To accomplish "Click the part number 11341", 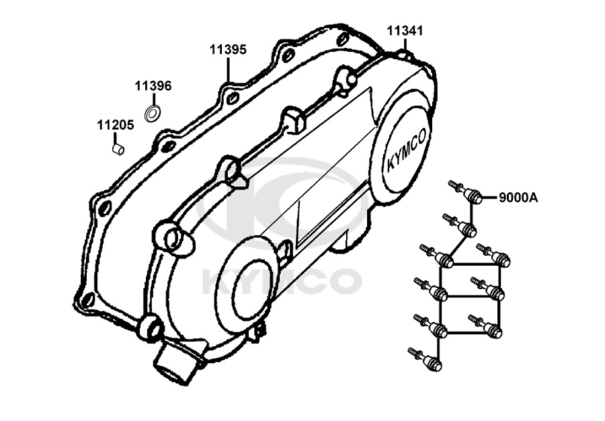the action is tap(405, 31).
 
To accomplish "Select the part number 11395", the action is tap(228, 50).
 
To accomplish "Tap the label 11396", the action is tap(153, 85).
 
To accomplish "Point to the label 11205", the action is tap(116, 125).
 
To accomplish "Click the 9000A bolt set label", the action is tap(518, 198).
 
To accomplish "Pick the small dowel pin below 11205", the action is tap(118, 149).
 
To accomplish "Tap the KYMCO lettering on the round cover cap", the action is tap(406, 149).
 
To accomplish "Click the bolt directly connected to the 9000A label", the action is tap(465, 192).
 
